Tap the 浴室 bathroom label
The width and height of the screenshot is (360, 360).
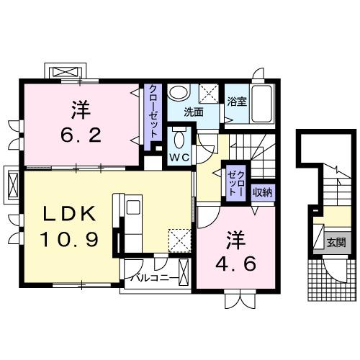(x=237, y=102)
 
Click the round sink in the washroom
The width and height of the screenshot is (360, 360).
(x=178, y=94)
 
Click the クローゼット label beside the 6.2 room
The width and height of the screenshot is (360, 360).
(x=154, y=114)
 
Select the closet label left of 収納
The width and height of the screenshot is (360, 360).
(x=235, y=180)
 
